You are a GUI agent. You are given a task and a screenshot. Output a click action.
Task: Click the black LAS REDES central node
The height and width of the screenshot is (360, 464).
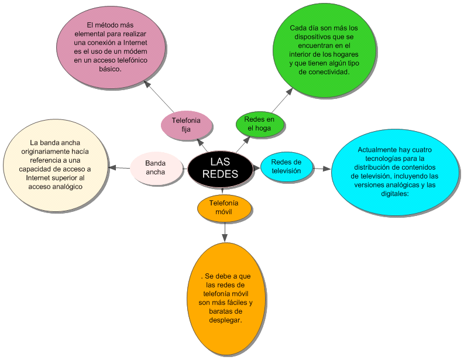click(220, 167)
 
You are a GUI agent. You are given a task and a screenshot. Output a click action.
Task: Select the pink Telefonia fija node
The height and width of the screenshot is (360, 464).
click(186, 125)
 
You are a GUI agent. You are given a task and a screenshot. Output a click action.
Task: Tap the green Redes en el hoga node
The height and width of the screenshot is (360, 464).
click(260, 124)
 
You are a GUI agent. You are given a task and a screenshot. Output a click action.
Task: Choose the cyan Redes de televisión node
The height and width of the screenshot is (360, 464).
click(286, 166)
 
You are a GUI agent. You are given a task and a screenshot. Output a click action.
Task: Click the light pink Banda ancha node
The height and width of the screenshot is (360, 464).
click(156, 167)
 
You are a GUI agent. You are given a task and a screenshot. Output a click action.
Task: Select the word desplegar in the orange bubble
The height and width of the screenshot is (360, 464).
click(225, 320)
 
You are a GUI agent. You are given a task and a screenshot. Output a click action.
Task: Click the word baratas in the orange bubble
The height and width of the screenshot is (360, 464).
click(213, 311)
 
